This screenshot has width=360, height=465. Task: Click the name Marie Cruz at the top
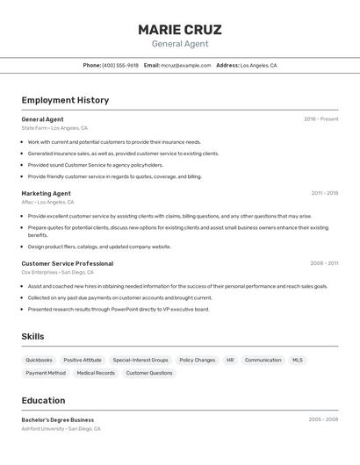(x=179, y=30)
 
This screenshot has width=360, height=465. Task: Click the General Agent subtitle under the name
(x=179, y=44)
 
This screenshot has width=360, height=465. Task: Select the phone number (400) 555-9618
(x=120, y=66)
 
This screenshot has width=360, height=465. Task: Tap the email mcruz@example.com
(x=184, y=66)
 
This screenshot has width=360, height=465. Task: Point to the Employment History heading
(x=65, y=100)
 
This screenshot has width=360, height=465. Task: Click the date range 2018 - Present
(x=320, y=119)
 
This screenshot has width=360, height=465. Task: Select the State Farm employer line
(x=54, y=128)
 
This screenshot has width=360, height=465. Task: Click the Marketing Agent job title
(x=46, y=193)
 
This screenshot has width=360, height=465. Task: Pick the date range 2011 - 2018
(x=324, y=193)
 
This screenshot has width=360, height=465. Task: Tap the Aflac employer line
(x=47, y=202)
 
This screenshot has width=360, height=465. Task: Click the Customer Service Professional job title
(x=67, y=263)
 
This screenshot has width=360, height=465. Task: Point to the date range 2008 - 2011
(x=324, y=263)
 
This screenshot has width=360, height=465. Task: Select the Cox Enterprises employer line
(x=59, y=272)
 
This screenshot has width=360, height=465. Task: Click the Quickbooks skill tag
(x=39, y=360)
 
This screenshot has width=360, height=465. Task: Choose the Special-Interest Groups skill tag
(x=140, y=360)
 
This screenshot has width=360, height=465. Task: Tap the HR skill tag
(x=230, y=360)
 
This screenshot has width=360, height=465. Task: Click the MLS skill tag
(x=298, y=360)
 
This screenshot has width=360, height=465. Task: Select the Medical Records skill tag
(x=96, y=373)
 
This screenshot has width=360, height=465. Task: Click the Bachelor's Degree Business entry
(x=57, y=419)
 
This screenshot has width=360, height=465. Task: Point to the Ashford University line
(x=61, y=429)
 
